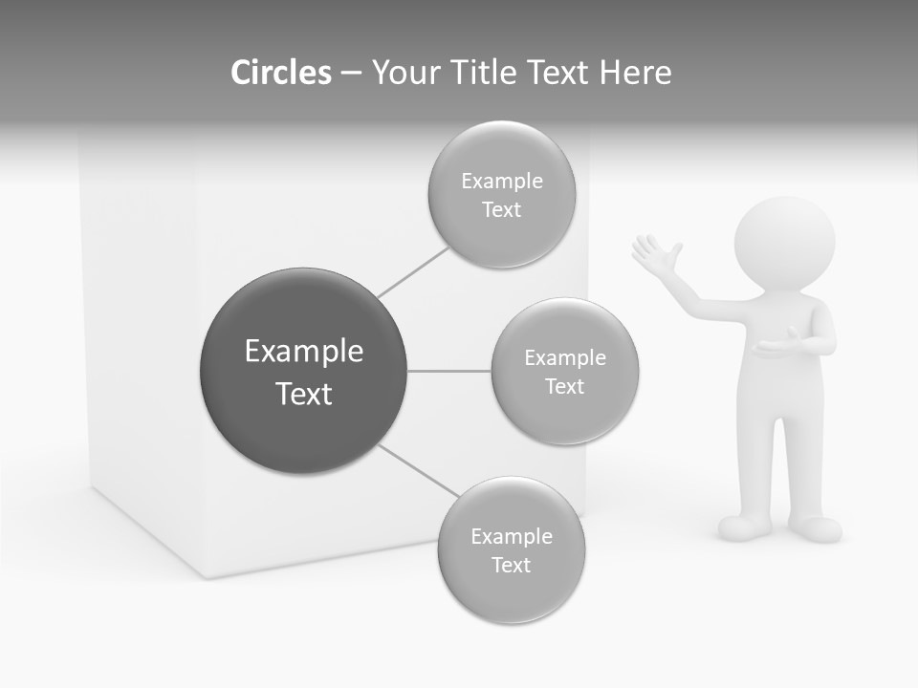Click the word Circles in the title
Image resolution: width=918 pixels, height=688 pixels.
click(x=281, y=73)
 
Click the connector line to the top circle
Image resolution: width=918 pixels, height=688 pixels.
click(x=413, y=272)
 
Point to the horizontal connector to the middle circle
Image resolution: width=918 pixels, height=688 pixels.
click(x=449, y=371)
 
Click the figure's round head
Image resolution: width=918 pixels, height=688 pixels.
click(x=785, y=244)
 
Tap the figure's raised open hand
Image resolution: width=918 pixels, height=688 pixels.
click(x=655, y=256)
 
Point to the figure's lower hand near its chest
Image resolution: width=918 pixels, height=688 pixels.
click(x=776, y=345)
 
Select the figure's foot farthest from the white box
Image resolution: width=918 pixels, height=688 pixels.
click(x=816, y=528)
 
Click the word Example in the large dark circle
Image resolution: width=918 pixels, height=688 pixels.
click(x=304, y=352)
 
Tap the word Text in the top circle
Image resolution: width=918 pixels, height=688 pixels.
click(x=502, y=210)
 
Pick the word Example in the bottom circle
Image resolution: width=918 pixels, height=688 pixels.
click(x=512, y=537)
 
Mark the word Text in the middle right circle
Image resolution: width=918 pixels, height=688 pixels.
click(x=565, y=387)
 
